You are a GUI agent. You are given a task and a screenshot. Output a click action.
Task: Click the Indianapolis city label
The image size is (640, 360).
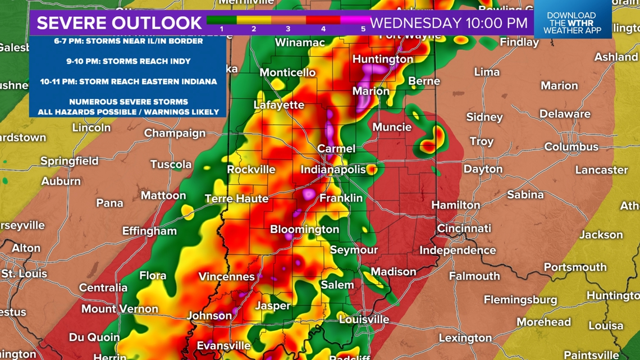333,170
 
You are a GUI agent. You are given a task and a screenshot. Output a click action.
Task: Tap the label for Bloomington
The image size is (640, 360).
304,229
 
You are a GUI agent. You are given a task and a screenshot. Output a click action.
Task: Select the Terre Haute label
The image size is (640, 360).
236,199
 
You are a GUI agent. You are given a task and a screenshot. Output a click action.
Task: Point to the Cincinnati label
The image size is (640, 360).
464,229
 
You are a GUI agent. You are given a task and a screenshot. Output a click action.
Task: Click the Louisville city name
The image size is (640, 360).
364,319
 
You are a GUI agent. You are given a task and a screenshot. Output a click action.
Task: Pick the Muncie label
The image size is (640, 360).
392,127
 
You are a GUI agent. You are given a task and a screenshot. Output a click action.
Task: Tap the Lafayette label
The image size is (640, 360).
278,105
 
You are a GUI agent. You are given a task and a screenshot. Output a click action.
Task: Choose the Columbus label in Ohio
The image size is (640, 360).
571,147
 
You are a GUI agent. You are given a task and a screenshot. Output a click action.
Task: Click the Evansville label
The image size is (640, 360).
223,345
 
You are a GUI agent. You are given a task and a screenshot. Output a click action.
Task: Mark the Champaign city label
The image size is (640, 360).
175,133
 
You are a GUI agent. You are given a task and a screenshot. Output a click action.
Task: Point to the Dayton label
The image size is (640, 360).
483,169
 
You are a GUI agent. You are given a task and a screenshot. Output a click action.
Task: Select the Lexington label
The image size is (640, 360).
465,338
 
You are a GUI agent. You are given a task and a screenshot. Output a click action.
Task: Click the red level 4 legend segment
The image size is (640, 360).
323,21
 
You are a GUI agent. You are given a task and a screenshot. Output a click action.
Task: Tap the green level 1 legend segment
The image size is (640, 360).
222,21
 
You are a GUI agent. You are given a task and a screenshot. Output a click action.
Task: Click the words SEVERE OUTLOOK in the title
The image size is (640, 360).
119,23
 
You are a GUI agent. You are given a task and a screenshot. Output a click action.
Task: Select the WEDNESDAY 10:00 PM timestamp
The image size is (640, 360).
449,23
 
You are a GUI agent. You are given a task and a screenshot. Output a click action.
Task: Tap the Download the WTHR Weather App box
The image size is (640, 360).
572,23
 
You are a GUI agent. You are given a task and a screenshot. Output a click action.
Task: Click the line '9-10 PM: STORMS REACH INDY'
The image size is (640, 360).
129,61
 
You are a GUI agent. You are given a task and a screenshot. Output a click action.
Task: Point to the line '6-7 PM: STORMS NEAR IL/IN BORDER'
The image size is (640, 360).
129,41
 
